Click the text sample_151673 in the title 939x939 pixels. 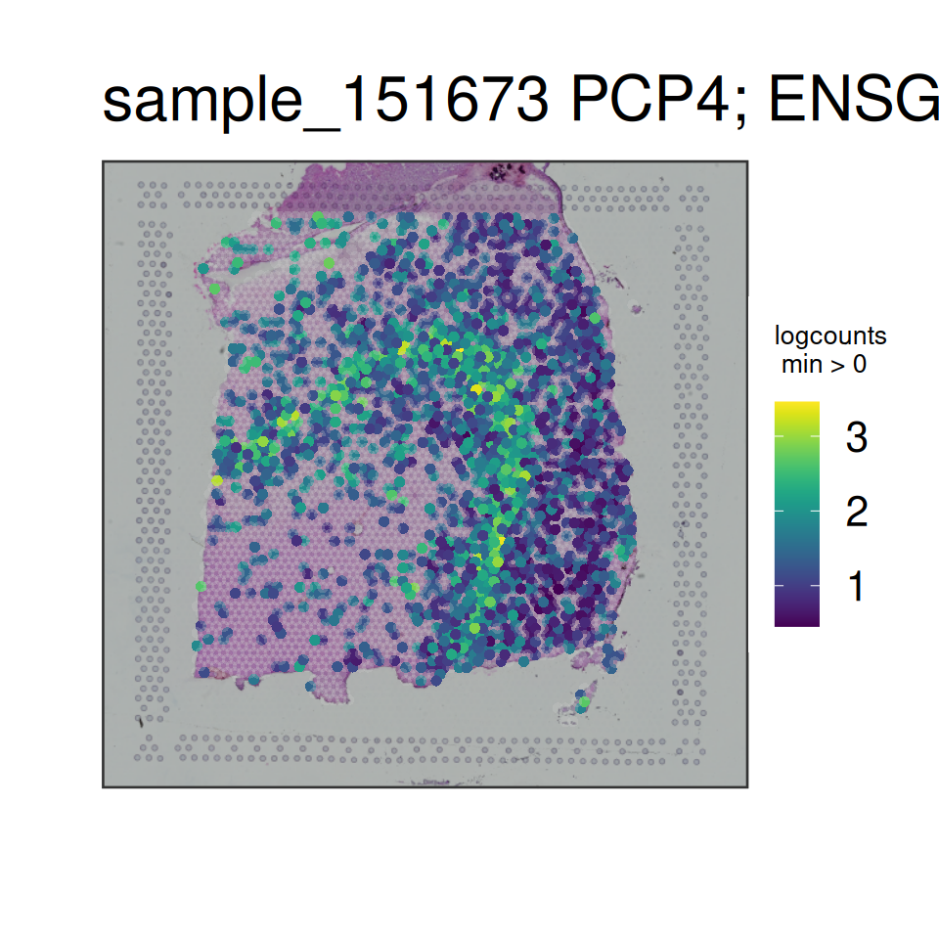pos(325,101)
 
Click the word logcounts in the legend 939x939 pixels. pos(830,336)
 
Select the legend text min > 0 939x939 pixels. pos(824,365)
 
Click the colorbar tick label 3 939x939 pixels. pos(857,437)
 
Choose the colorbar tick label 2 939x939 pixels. pos(857,512)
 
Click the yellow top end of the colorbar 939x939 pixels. pos(796,404)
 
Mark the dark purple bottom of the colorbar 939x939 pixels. pos(796,623)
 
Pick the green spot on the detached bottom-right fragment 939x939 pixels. pos(585,701)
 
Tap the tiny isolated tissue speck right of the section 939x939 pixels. pos(636,309)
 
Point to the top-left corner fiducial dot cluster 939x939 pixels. pos(153,196)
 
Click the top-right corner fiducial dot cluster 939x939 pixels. pos(694,199)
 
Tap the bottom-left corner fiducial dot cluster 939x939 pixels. pos(149,747)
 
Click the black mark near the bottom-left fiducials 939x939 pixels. pos(141,722)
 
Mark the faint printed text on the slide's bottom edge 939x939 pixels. pos(435,782)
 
